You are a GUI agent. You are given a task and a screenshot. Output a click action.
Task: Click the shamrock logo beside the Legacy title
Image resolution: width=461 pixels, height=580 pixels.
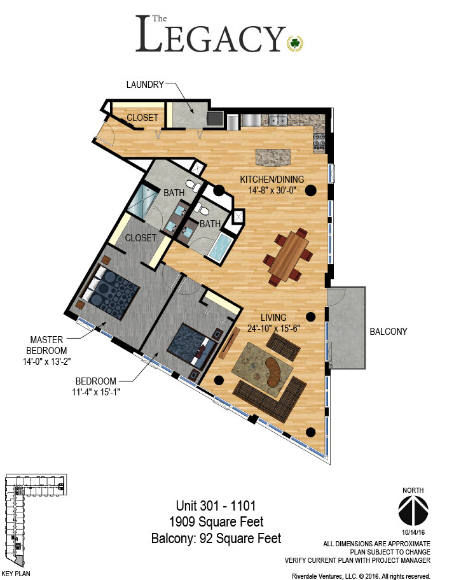[295, 43]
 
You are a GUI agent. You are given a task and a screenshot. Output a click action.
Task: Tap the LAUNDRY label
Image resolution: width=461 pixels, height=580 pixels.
[145, 85]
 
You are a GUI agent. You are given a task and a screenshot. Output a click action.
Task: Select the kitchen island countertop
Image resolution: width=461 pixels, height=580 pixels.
[273, 157]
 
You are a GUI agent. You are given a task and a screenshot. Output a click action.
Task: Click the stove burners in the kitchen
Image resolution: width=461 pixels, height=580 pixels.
[319, 141]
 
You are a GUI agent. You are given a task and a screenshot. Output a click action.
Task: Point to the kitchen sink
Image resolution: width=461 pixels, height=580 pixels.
[278, 120]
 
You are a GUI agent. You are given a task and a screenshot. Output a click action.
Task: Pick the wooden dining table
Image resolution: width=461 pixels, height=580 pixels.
[289, 256]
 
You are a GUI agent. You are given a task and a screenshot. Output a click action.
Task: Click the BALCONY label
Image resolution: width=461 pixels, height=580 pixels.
[389, 332]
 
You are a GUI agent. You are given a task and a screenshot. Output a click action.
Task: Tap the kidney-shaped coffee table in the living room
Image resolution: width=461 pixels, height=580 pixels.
[275, 372]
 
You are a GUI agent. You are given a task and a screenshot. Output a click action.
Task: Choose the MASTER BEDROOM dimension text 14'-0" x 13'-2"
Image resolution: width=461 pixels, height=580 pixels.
[47, 362]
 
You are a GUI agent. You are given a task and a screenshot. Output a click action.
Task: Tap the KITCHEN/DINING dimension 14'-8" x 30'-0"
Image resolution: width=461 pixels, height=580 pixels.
[272, 190]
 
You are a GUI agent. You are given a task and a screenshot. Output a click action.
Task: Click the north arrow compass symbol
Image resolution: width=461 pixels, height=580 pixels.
[413, 510]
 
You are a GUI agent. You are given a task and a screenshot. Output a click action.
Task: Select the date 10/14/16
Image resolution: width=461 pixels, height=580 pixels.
[413, 533]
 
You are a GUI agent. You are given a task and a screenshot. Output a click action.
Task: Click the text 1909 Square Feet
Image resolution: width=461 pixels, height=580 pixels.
[216, 522]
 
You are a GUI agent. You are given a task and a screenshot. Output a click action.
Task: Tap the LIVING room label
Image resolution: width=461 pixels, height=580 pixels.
[273, 317]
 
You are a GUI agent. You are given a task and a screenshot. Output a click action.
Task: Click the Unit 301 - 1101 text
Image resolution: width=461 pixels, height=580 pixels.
[216, 506]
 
